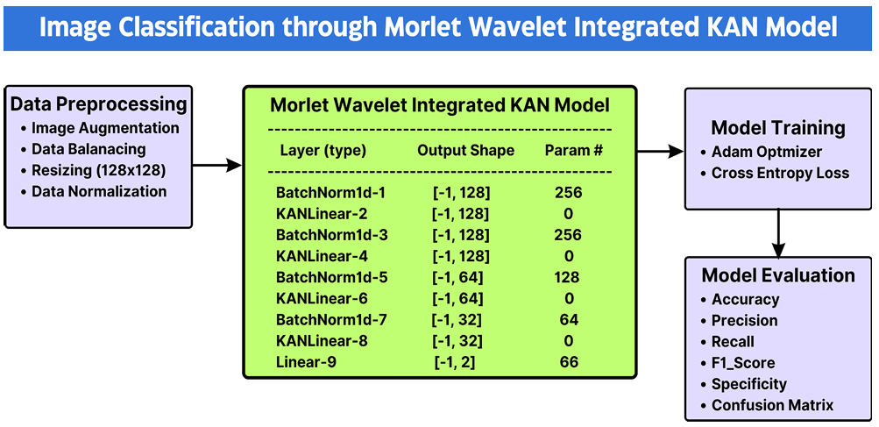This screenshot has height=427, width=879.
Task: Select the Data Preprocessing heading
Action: (x=99, y=104)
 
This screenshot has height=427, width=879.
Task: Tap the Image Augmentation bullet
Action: (x=100, y=129)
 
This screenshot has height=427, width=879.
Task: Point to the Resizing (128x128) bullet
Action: (x=94, y=170)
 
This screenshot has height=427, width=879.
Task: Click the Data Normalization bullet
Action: (x=94, y=191)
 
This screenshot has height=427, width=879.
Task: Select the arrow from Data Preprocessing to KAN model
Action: (x=217, y=165)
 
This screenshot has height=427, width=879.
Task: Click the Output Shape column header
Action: (x=465, y=151)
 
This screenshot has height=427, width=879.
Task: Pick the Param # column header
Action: (x=573, y=151)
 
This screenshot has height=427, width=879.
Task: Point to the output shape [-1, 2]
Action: (x=455, y=363)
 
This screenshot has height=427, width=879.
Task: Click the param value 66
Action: (x=569, y=362)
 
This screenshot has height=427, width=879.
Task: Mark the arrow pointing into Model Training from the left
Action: (x=661, y=151)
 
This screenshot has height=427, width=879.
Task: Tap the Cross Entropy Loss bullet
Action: (x=775, y=174)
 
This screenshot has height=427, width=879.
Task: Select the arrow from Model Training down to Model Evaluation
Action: (x=778, y=232)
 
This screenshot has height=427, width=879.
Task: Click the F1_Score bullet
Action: (x=738, y=363)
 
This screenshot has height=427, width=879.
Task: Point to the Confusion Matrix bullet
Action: (x=767, y=405)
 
